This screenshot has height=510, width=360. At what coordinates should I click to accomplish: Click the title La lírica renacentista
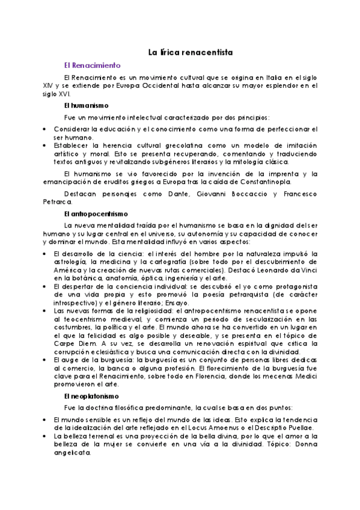pos(190,52)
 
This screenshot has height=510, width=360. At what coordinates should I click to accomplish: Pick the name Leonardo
pos(271,271)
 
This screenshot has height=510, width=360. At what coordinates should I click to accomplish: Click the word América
pos(66,271)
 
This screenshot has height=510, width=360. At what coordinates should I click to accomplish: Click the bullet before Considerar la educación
pos(45,129)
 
